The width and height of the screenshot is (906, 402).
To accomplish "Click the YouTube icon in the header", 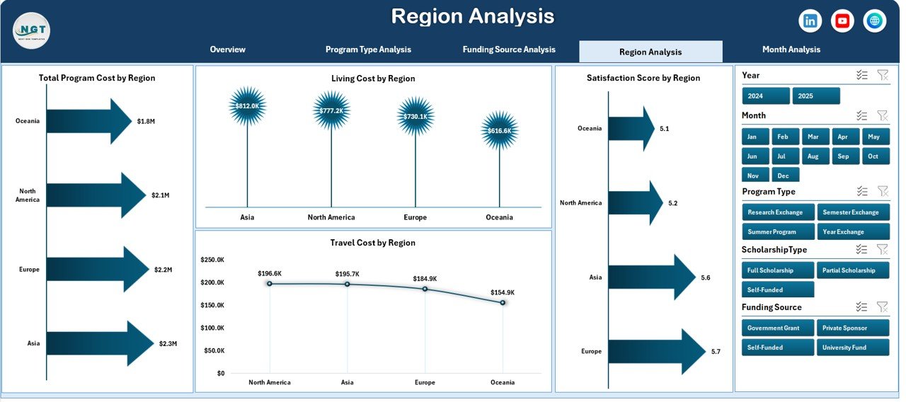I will pos(842,21).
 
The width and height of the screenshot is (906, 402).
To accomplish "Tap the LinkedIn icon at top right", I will pos(810,21).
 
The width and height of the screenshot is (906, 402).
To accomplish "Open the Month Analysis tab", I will pos(791,50).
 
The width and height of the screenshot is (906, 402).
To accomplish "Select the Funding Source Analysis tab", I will pos(509,50).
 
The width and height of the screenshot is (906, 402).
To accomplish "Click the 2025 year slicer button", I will pos(816,96).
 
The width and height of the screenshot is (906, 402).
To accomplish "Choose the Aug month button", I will pos(813,156).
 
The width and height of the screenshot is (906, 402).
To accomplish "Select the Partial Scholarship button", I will pos(852,270).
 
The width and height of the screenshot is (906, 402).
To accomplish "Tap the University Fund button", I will pos(852,348).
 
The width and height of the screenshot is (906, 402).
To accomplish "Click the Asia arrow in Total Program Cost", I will pos(99,343).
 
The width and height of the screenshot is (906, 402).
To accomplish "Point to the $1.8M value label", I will pos(146,121).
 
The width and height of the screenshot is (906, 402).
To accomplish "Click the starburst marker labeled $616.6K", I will pos(499,131).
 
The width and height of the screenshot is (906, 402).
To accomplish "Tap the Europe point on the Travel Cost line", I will pos(425,289).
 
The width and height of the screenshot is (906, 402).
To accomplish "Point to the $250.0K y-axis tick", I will pos(212,260).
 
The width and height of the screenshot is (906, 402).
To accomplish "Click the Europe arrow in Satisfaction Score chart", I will pos(655,352).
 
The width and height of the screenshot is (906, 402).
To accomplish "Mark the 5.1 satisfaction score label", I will pos(664,129).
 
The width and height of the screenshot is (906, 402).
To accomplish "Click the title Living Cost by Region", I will pos(373,79).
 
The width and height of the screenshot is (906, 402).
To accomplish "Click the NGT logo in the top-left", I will pos(31,30).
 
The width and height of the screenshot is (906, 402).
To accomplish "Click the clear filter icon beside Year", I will pos(882,75).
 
